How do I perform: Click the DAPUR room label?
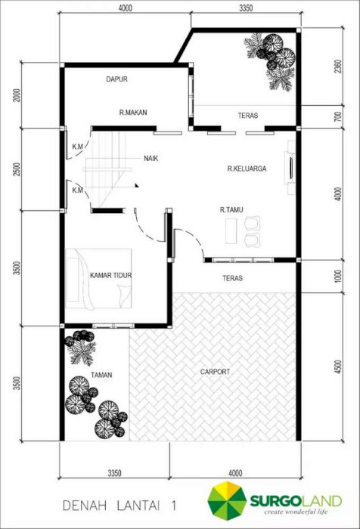click(116, 79)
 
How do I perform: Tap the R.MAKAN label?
click(133, 113)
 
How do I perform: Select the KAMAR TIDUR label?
click(110, 275)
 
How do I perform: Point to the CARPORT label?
click(215, 372)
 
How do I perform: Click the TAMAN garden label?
click(101, 375)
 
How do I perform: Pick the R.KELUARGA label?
click(247, 169)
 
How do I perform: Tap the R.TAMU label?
click(231, 210)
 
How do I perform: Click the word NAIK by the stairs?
click(151, 158)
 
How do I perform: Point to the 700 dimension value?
click(339, 116)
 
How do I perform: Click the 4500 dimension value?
click(339, 367)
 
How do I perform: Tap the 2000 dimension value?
click(17, 95)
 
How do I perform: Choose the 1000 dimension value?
click(339, 276)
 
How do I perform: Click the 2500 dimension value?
click(17, 169)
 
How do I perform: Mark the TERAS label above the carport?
click(233, 278)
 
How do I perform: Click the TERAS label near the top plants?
click(248, 116)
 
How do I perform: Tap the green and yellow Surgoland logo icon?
click(227, 501)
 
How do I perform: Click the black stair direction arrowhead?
click(137, 185)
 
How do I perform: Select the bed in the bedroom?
click(98, 279)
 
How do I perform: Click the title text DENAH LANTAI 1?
click(119, 506)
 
